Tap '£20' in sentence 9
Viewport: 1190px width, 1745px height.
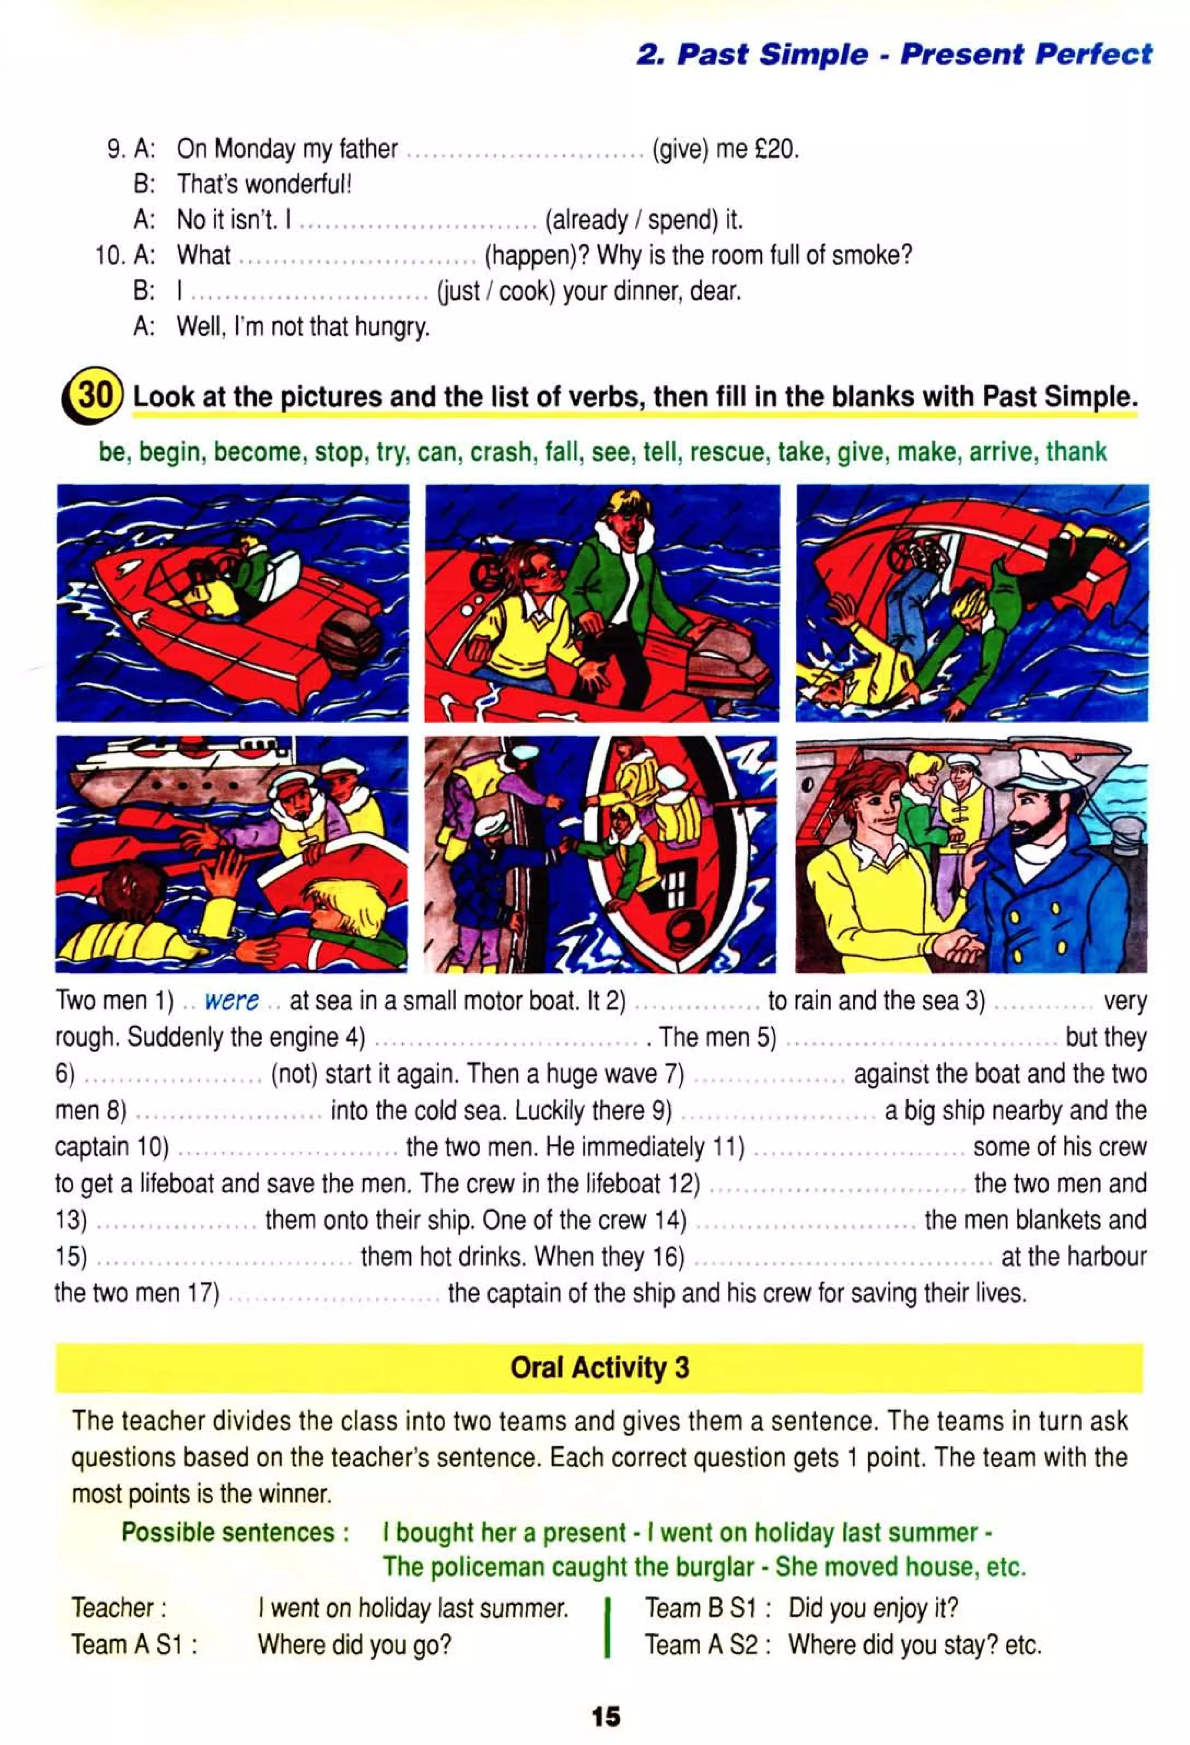[774, 149]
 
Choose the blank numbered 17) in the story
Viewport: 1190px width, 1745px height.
[334, 1294]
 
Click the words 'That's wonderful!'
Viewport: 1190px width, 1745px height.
[264, 184]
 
